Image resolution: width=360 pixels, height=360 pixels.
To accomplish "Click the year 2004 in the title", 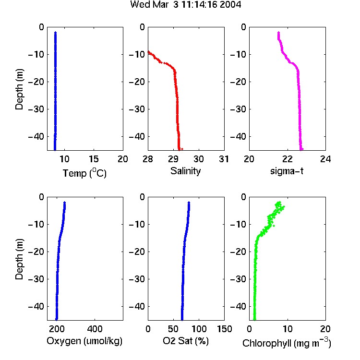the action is click(230, 5).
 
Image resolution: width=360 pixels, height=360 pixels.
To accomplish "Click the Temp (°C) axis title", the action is click(84, 173).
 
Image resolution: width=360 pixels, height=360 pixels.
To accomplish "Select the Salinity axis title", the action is click(185, 171).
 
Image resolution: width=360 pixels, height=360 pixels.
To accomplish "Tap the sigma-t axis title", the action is click(287, 171).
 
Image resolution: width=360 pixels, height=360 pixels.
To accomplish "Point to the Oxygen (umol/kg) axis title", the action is click(84, 341).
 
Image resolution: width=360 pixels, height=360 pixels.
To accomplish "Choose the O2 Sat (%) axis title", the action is click(185, 341).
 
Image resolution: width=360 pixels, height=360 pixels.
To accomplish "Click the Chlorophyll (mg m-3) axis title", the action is click(287, 343).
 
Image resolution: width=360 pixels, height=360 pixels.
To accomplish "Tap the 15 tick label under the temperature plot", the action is click(94, 159).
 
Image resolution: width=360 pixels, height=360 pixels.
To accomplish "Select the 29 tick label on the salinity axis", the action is click(173, 159).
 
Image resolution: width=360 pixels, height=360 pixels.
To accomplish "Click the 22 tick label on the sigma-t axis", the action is click(287, 159).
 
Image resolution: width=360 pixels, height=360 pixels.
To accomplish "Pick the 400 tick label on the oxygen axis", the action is click(95, 329).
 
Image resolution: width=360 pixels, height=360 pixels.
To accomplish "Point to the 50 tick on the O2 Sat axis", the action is click(173, 329).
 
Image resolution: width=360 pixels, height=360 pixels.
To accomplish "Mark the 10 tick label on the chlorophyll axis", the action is click(287, 329).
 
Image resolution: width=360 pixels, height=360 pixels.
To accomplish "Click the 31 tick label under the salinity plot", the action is click(224, 159).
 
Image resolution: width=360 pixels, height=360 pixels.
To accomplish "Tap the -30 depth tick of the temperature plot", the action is click(36, 109).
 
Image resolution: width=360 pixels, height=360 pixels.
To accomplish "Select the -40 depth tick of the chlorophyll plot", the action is click(238, 306).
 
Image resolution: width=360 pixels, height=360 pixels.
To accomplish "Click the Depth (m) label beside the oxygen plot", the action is click(19, 259).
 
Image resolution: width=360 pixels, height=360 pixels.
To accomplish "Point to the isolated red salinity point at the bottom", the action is click(182, 149).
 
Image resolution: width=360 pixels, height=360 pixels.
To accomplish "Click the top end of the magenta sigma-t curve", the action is click(278, 33).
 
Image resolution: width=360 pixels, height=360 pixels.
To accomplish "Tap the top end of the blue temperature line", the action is click(55, 33).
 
